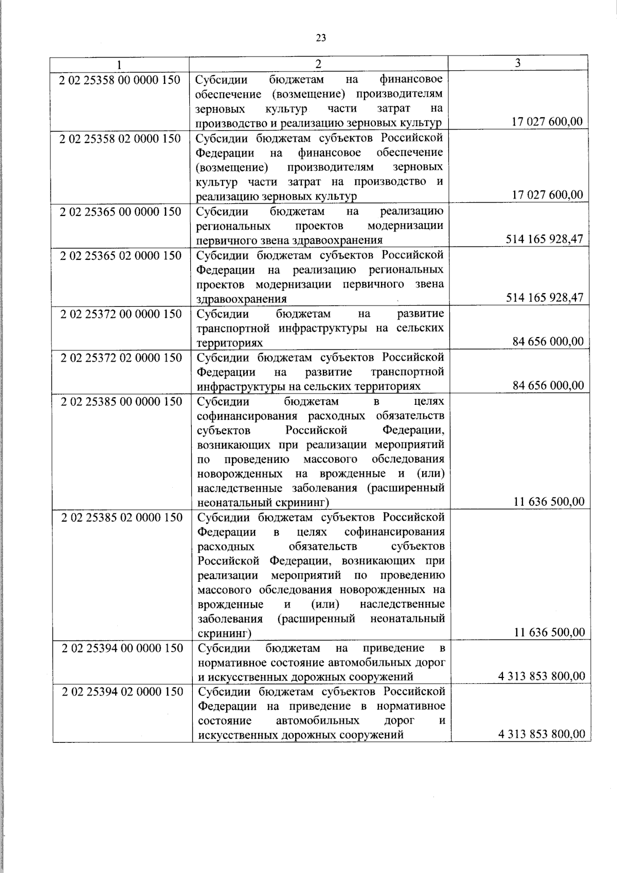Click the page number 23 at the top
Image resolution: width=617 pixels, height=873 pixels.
(321, 38)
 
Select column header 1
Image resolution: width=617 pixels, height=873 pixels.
(119, 65)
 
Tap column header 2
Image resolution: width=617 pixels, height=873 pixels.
(318, 64)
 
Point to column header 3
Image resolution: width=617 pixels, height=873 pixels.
(518, 63)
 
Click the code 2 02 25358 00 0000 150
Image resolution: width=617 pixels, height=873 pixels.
(120, 80)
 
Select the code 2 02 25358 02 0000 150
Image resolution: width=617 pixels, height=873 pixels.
(120, 139)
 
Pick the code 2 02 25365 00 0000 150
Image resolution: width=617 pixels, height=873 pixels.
(120, 212)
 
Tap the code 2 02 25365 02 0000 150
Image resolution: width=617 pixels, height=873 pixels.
(121, 256)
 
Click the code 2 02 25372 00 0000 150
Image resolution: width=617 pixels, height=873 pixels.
(121, 314)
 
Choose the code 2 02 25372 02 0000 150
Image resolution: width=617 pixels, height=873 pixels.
(121, 358)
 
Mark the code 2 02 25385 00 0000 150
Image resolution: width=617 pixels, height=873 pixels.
(121, 401)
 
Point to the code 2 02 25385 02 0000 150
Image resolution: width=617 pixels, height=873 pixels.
(122, 518)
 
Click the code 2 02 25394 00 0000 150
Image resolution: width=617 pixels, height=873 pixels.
(122, 648)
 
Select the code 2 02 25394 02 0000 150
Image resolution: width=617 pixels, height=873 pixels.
(122, 692)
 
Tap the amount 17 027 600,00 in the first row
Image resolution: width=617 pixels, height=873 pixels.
(547, 122)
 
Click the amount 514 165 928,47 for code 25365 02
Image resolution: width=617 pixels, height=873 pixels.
(545, 298)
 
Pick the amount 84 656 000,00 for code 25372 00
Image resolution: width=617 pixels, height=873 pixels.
(548, 342)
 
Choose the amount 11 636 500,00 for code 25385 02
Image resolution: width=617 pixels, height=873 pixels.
(549, 633)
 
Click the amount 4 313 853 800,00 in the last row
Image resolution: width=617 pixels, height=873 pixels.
(541, 735)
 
